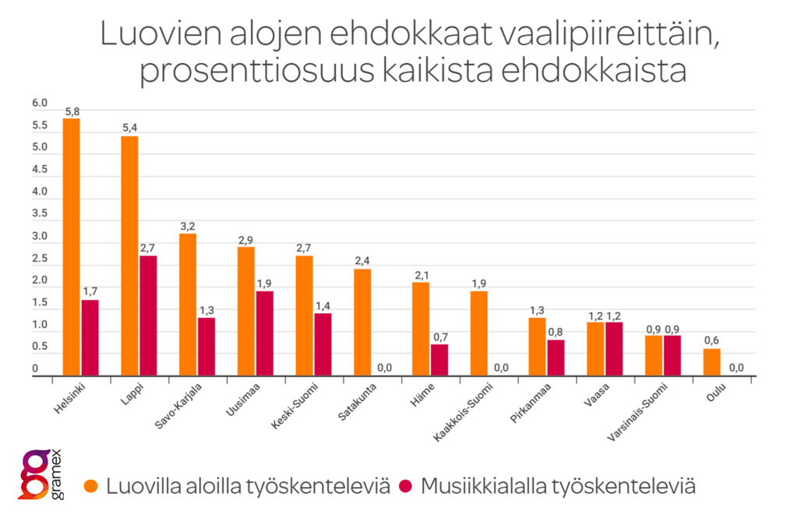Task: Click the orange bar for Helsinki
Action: click(x=71, y=248)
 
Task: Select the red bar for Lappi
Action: click(x=147, y=316)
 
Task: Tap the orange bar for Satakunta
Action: click(x=362, y=323)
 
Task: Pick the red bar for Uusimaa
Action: click(x=264, y=334)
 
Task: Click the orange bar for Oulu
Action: click(x=711, y=363)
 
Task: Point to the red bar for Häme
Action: click(x=439, y=361)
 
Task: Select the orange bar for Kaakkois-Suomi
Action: click(x=478, y=334)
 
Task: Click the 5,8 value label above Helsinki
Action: click(x=72, y=112)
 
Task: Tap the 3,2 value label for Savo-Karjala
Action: click(x=187, y=227)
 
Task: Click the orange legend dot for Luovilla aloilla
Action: click(x=92, y=487)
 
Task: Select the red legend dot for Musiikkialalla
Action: click(x=404, y=487)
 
